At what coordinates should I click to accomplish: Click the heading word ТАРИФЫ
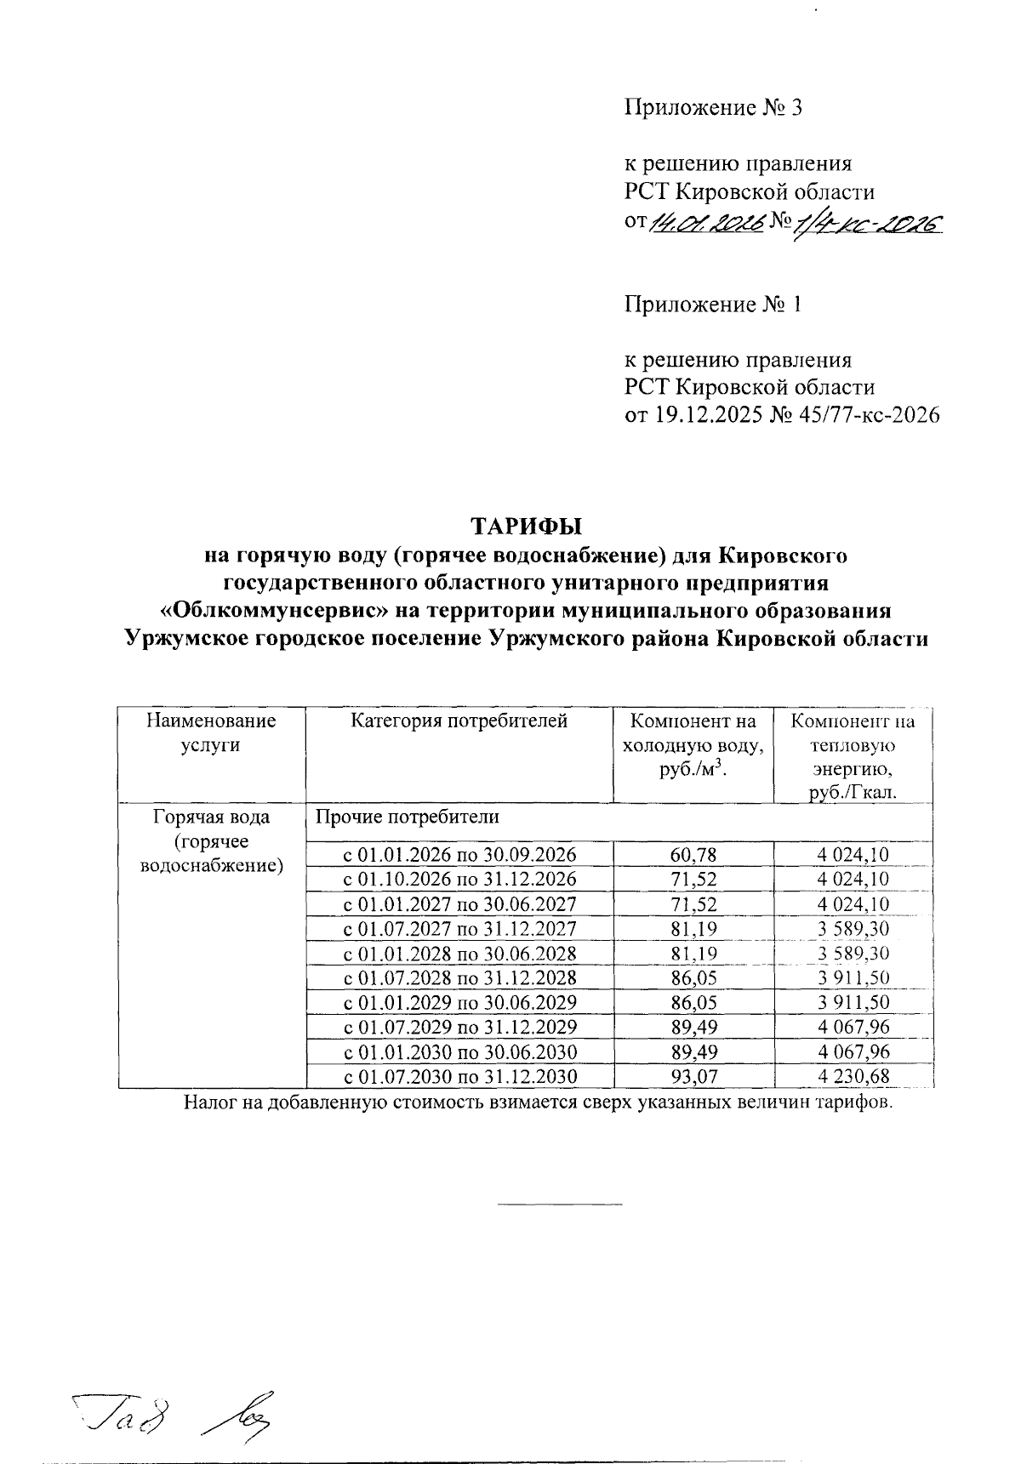coord(525,522)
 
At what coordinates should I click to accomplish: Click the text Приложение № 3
coord(713,108)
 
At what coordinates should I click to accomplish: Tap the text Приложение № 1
coord(713,305)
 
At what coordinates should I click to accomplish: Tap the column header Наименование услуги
coord(211,732)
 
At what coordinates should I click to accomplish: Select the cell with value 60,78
coord(693,854)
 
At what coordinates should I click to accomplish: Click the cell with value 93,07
coord(693,1077)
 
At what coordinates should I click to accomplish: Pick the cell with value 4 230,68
coord(853,1077)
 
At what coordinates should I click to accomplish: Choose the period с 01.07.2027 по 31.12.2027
coord(459,928)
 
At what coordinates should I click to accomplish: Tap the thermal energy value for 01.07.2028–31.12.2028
coord(853,978)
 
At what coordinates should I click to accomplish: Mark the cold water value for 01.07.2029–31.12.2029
coord(693,1028)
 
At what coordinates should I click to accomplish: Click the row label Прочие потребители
coord(407,817)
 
